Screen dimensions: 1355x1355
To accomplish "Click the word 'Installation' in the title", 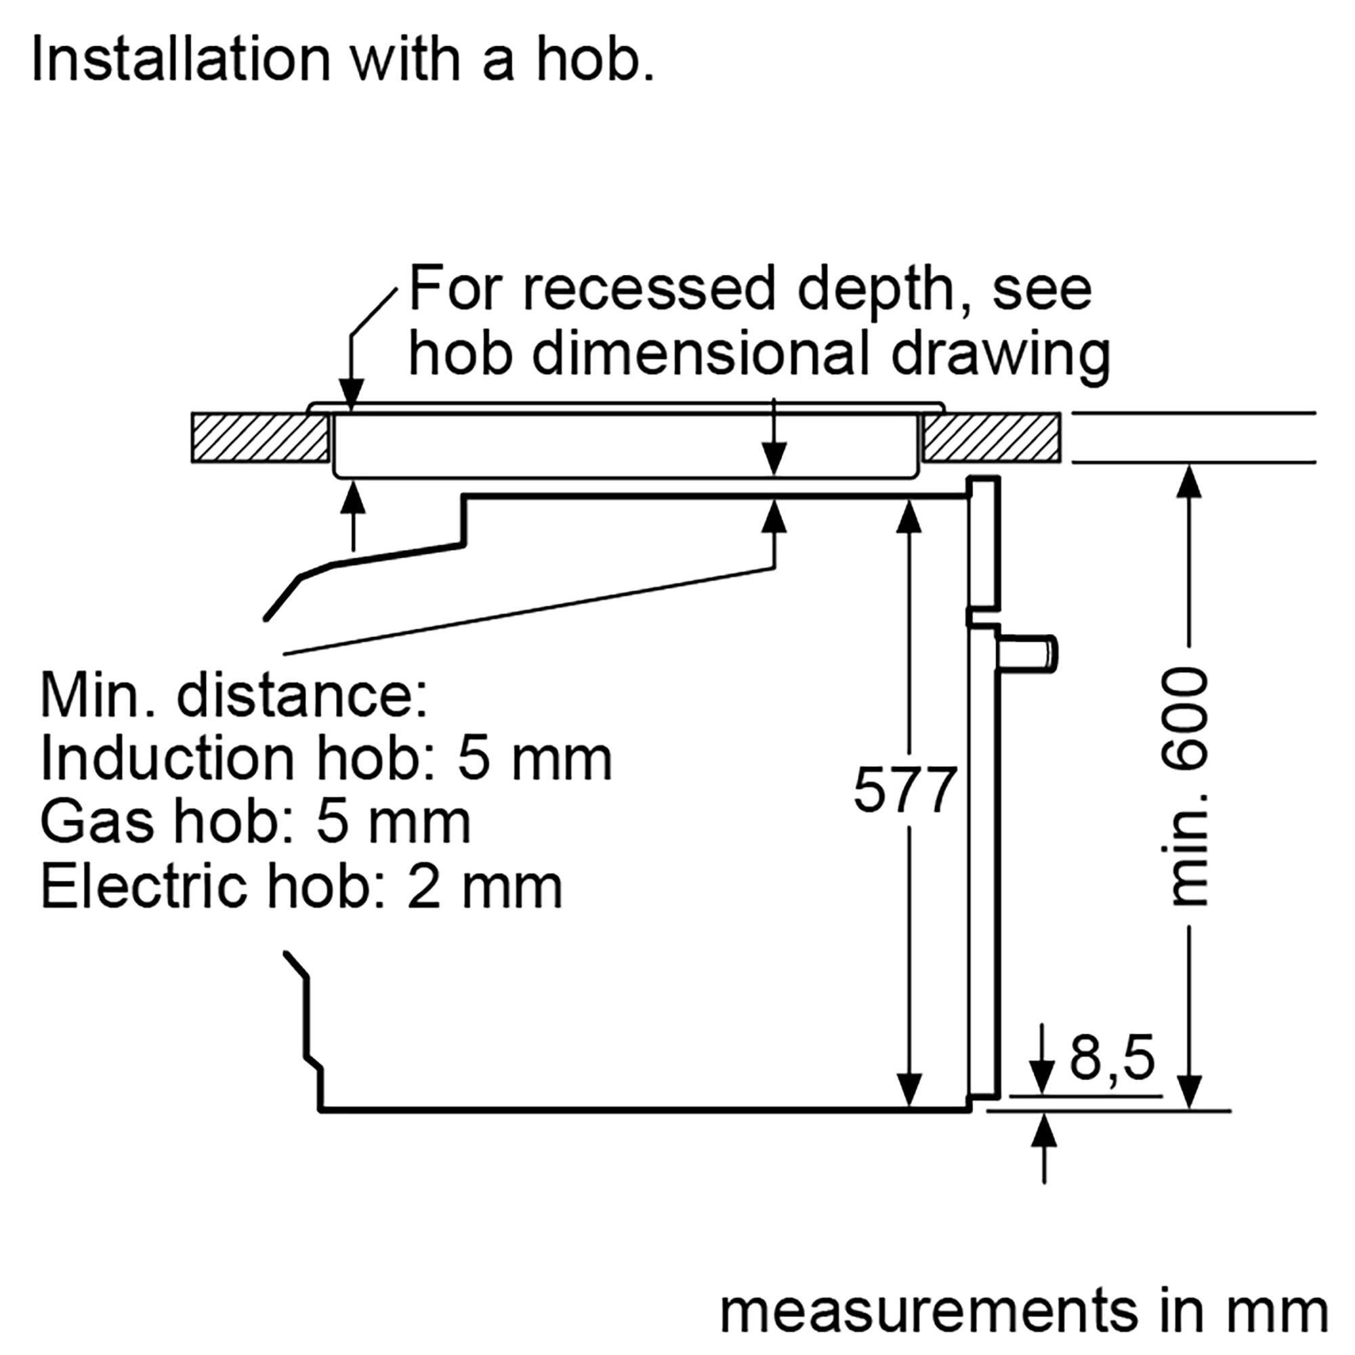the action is (181, 59).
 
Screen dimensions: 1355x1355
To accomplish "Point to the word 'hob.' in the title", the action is (596, 59).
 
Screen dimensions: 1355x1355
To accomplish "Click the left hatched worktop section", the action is (260, 438).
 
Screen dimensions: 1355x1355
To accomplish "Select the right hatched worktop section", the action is (992, 438).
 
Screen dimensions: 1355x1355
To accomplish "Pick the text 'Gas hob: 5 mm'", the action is (255, 821).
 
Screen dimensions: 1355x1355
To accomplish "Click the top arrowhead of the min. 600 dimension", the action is (1189, 483).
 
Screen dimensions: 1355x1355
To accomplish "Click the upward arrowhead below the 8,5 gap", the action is (1044, 1131).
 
